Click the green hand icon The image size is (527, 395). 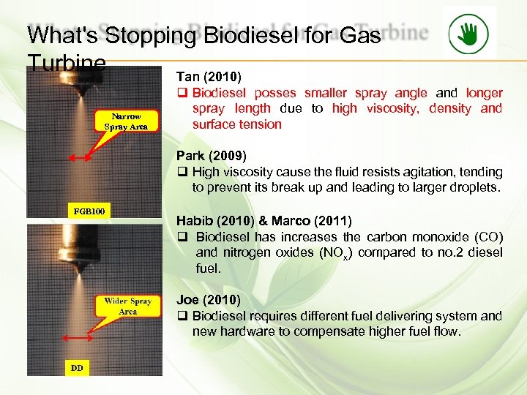pyautogui.click(x=469, y=33)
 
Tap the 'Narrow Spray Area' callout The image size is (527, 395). pyautogui.click(x=126, y=121)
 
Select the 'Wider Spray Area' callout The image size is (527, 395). pyautogui.click(x=127, y=306)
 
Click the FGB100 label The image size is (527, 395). pyautogui.click(x=88, y=211)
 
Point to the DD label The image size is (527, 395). pyautogui.click(x=77, y=367)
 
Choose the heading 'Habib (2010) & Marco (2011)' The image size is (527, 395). pyautogui.click(x=263, y=221)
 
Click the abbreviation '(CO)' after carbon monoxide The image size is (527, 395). pyautogui.click(x=486, y=237)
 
